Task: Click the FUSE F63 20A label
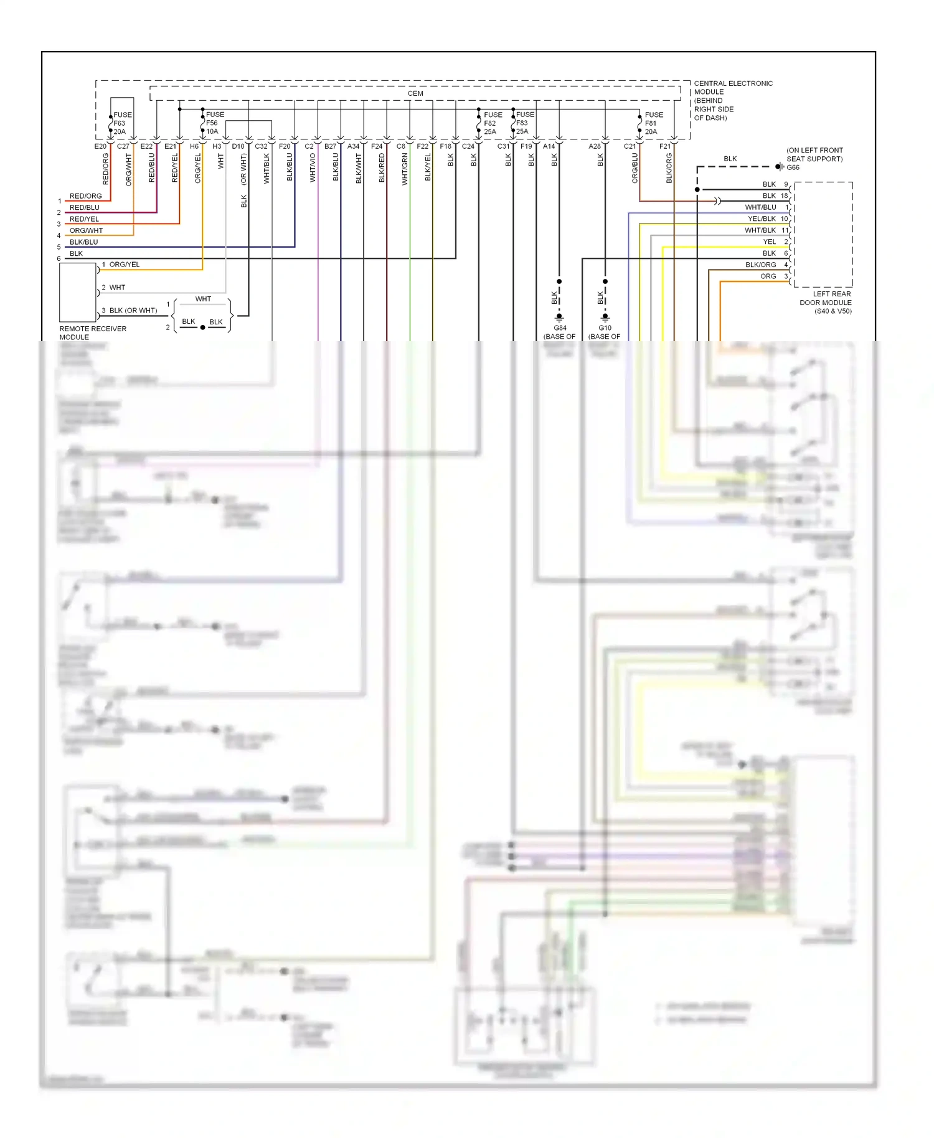(x=122, y=123)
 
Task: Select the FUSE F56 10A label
(x=214, y=123)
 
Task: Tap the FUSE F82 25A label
(x=492, y=123)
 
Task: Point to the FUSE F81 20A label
(x=653, y=123)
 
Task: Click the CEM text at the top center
(x=415, y=93)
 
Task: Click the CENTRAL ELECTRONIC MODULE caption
(x=732, y=100)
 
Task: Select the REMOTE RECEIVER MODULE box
(x=77, y=292)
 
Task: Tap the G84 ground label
(x=560, y=328)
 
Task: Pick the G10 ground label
(x=605, y=328)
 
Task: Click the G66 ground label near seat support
(x=793, y=167)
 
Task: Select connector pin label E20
(x=100, y=146)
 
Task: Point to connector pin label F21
(x=665, y=146)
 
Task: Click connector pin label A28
(x=595, y=146)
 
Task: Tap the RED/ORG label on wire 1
(x=85, y=196)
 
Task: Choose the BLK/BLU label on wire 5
(x=83, y=242)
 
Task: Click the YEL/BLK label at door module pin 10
(x=762, y=219)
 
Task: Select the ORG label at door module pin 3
(x=768, y=276)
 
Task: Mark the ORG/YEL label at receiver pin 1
(x=125, y=265)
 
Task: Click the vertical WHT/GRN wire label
(x=405, y=169)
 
